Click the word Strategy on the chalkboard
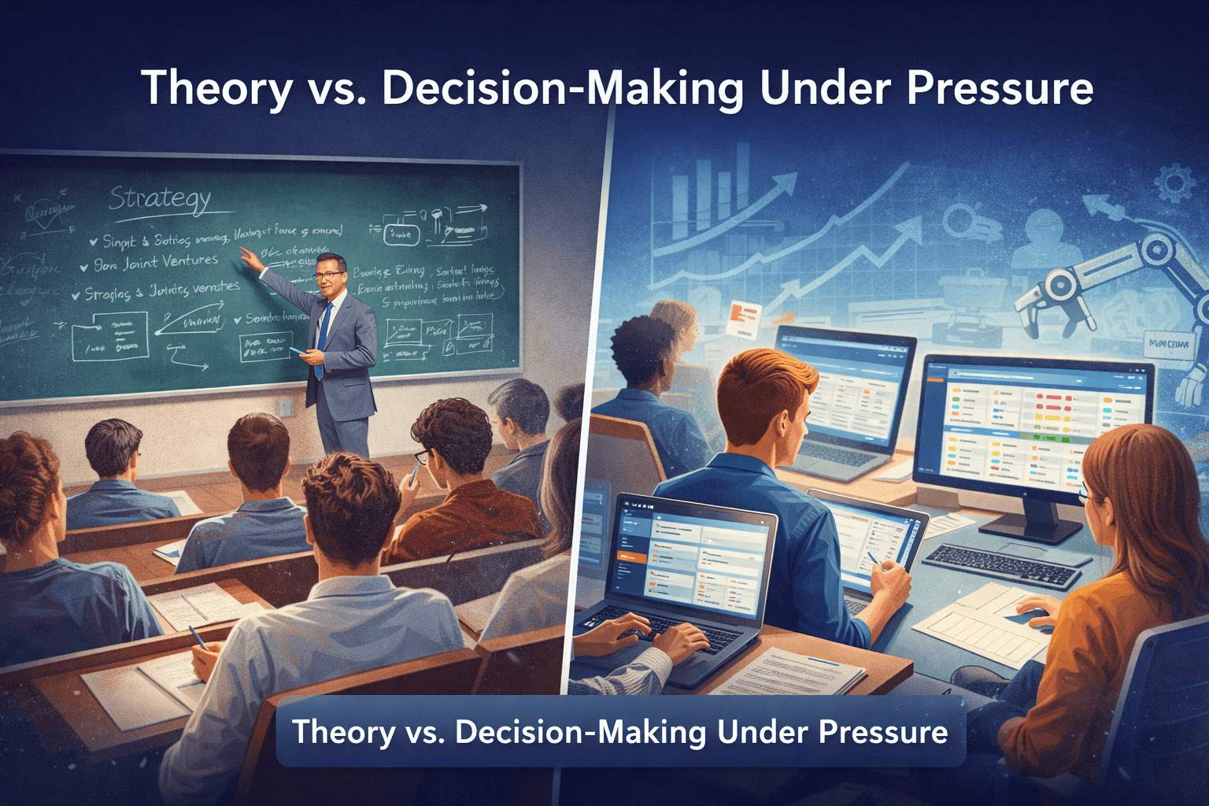tap(160, 199)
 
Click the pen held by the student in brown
tap(412, 473)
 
